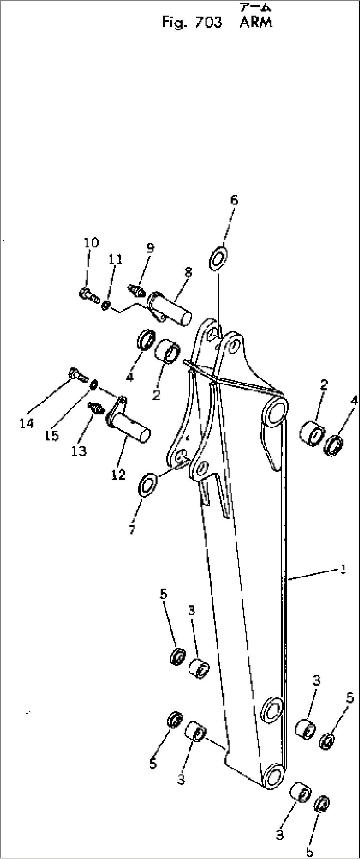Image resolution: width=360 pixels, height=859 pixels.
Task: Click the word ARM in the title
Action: coord(256,23)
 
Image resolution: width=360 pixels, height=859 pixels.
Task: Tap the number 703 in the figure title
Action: coord(209,23)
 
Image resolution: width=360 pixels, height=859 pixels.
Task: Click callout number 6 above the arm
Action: coord(234,200)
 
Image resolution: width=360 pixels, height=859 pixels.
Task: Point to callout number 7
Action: coord(132,530)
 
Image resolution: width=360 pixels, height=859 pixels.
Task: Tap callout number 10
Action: coord(91,243)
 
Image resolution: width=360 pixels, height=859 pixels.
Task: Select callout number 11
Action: coord(115,259)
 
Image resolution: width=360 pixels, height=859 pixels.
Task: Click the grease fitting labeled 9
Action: coord(136,290)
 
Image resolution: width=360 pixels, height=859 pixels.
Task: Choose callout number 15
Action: coord(52,435)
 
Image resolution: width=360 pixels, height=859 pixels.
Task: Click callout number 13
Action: coord(79,451)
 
